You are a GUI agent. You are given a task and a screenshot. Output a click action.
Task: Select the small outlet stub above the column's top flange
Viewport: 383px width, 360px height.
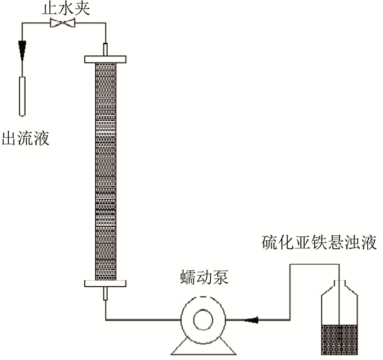coord(106,49)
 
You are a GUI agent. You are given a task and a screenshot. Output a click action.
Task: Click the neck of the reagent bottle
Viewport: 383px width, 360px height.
coord(340,285)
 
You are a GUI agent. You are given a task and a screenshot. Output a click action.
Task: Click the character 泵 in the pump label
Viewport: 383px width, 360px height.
coord(220,277)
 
